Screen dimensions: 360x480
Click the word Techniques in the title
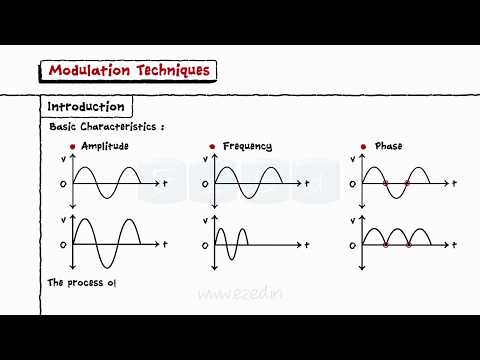pyautogui.click(x=171, y=70)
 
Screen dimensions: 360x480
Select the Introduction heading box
pyautogui.click(x=87, y=106)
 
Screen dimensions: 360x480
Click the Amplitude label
pyautogui.click(x=105, y=147)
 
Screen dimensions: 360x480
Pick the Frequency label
pyautogui.click(x=248, y=147)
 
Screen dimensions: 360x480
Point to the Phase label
pyautogui.click(x=388, y=147)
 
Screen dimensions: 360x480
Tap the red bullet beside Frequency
pyautogui.click(x=212, y=147)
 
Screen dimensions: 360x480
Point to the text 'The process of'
pyautogui.click(x=77, y=283)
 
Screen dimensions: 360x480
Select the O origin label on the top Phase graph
pyautogui.click(x=351, y=184)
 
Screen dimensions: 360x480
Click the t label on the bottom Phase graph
pyautogui.click(x=454, y=244)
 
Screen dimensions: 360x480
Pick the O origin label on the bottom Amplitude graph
pyautogui.click(x=64, y=244)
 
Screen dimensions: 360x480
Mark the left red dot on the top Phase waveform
pyautogui.click(x=386, y=183)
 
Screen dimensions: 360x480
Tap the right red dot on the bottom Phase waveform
pyautogui.click(x=408, y=243)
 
